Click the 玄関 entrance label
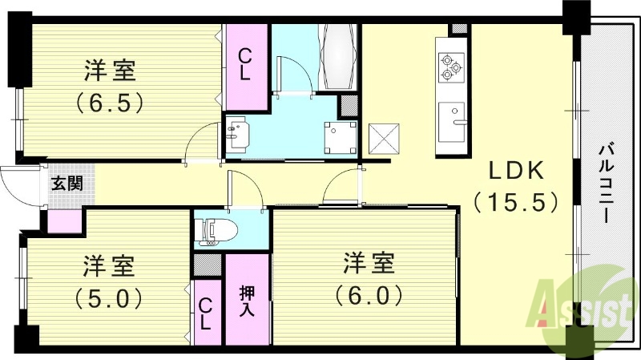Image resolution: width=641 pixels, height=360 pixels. [x=67, y=184]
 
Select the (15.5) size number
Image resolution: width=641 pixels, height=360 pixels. [x=514, y=201]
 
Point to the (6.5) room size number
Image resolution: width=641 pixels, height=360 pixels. [x=110, y=102]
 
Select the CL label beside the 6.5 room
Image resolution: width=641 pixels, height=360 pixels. [x=245, y=64]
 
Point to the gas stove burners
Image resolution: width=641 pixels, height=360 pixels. [x=450, y=67]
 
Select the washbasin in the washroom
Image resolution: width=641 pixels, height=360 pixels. [x=237, y=135]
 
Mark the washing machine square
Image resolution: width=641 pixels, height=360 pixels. [x=338, y=137]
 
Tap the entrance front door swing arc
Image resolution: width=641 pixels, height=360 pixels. [x=18, y=185]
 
